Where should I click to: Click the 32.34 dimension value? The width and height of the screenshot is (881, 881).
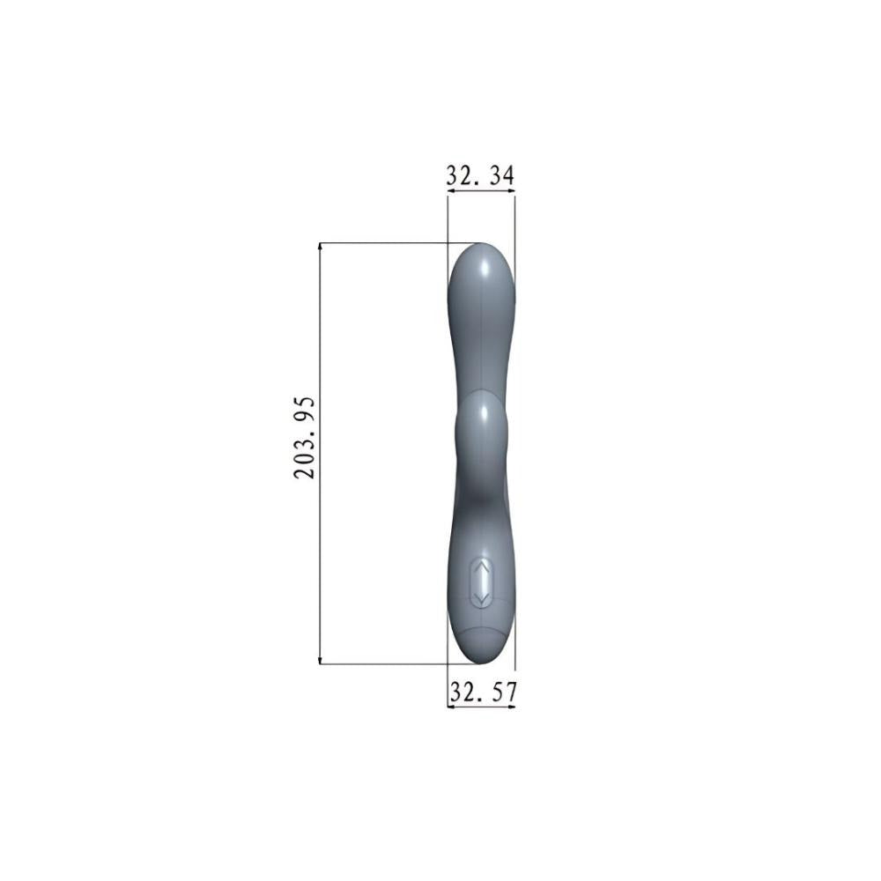click(480, 175)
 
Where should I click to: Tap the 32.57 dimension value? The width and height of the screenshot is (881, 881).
click(481, 692)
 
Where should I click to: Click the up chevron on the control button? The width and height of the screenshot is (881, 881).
click(481, 570)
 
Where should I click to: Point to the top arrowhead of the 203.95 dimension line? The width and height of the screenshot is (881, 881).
click(320, 248)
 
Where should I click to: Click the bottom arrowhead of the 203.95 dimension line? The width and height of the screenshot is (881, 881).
click(320, 658)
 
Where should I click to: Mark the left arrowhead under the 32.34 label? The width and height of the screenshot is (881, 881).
click(452, 189)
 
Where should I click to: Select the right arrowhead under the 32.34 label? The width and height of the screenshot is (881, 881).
click(510, 189)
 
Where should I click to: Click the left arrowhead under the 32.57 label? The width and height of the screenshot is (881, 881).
click(452, 707)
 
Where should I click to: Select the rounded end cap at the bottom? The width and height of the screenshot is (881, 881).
click(481, 648)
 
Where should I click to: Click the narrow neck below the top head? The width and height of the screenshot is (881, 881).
click(481, 352)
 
